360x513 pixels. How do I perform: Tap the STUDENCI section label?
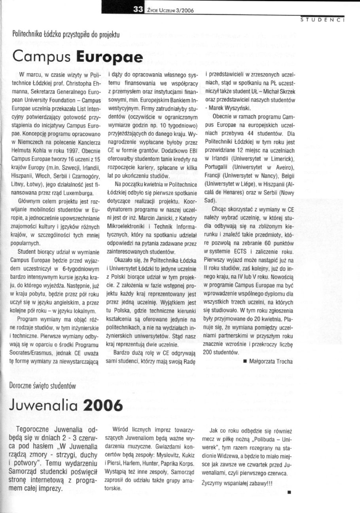tap(323, 19)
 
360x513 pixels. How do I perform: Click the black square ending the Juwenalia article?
tap(290, 492)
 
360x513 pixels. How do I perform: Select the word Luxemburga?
tap(76, 193)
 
